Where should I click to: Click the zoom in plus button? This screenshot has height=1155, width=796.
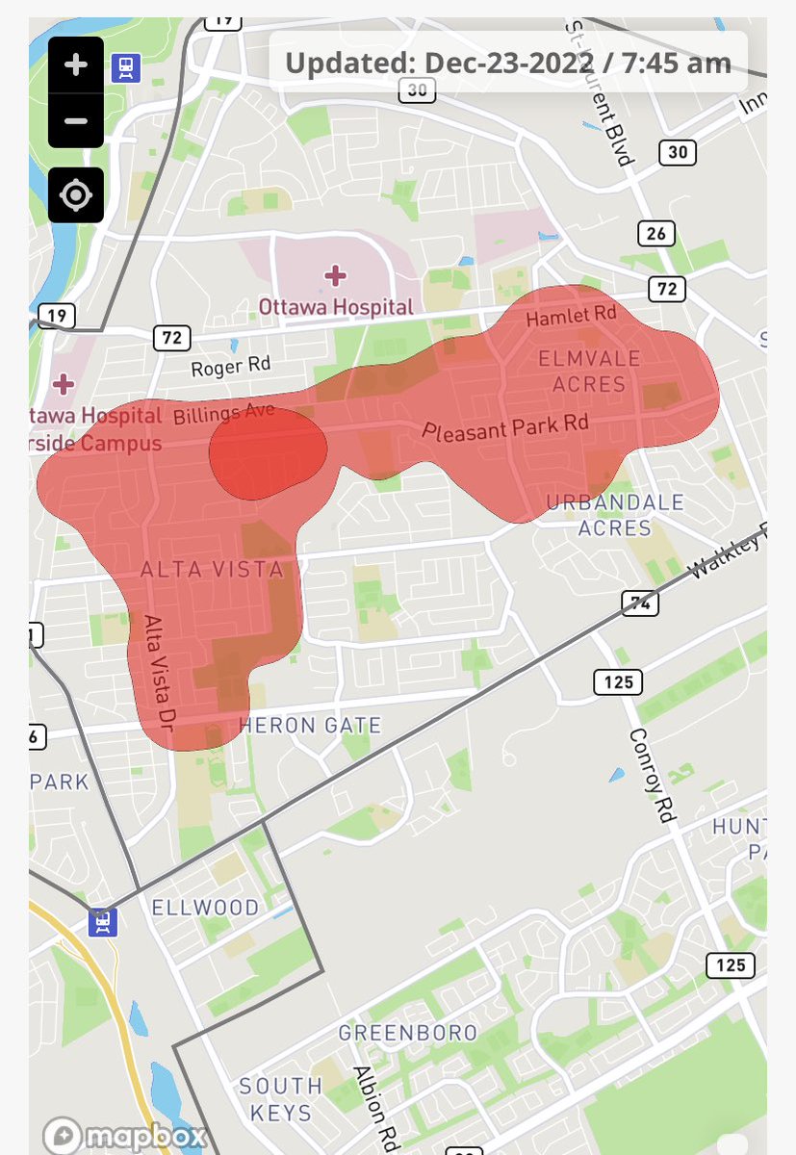(x=76, y=65)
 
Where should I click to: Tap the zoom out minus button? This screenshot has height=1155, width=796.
(x=76, y=121)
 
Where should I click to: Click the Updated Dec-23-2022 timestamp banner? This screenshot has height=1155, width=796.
(x=508, y=64)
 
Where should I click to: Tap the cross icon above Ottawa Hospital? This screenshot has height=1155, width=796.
(x=335, y=277)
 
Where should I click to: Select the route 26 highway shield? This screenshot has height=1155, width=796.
(x=656, y=233)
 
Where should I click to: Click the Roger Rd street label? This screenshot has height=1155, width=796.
(x=231, y=367)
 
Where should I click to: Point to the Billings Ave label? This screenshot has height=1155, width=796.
(x=224, y=415)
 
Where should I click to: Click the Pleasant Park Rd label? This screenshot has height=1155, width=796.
(x=505, y=426)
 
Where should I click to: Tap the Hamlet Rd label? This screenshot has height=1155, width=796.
(x=571, y=316)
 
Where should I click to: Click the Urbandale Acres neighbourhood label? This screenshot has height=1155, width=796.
(x=615, y=515)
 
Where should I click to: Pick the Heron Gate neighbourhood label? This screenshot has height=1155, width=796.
(x=310, y=726)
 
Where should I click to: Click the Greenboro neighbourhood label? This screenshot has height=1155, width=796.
(x=408, y=1033)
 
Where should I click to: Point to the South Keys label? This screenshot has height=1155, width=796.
(x=281, y=1099)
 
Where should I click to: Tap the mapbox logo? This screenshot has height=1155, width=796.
(x=126, y=1136)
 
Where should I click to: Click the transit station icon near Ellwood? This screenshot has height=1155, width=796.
(x=102, y=922)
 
